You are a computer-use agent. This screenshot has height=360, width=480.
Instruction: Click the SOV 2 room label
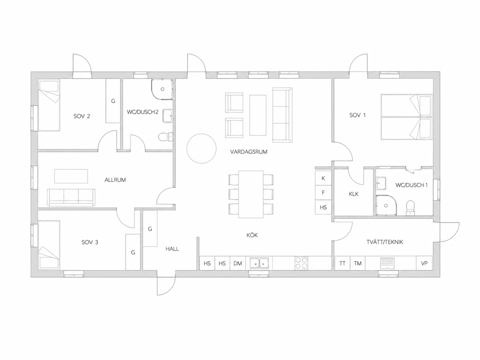pyautogui.click(x=82, y=116)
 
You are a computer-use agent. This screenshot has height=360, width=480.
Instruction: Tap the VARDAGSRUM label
pyautogui.click(x=249, y=152)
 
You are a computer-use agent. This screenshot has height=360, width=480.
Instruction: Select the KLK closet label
pyautogui.click(x=353, y=194)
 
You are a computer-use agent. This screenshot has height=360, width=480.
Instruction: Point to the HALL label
pyautogui.click(x=172, y=249)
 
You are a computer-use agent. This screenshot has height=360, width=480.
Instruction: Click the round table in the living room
pyautogui.click(x=201, y=149)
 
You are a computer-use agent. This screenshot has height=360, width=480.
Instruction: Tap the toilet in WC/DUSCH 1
pyautogui.click(x=410, y=207)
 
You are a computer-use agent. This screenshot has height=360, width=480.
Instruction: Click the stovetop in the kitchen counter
pyautogui.click(x=301, y=263)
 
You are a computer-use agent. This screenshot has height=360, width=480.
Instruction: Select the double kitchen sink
pyautogui.click(x=259, y=263)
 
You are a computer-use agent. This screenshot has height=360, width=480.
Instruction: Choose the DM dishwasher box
pyautogui.click(x=238, y=263)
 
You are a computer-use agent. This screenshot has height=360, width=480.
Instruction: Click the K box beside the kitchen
pyautogui.click(x=323, y=178)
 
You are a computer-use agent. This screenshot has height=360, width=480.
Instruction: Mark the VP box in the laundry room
pyautogui.click(x=424, y=263)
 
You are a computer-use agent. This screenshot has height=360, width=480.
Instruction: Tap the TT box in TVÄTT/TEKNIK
pyautogui.click(x=342, y=263)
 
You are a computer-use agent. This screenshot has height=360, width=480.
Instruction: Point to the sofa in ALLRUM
pyautogui.click(x=71, y=197)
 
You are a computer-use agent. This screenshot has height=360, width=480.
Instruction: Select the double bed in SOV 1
pyautogui.click(x=407, y=117)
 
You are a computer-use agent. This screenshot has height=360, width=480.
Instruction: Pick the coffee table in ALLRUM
pyautogui.click(x=71, y=176)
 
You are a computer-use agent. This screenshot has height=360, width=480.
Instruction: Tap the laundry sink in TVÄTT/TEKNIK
pyautogui.click(x=387, y=263)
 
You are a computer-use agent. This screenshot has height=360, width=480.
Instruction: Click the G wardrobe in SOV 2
pyautogui.click(x=113, y=101)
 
